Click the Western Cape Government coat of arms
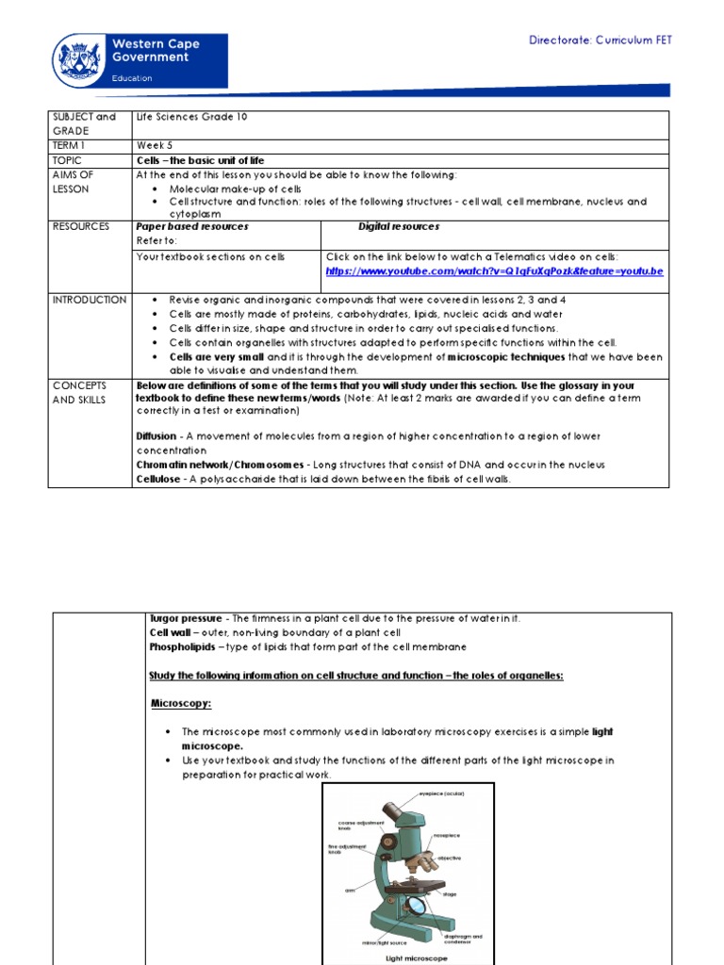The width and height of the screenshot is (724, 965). tap(82, 60)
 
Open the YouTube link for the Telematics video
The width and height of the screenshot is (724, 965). tap(494, 271)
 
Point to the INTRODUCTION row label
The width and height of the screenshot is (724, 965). tap(90, 300)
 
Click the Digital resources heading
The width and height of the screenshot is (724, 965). tap(398, 227)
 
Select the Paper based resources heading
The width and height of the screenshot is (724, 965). tap(192, 227)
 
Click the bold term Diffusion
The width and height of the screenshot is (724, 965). tap(156, 436)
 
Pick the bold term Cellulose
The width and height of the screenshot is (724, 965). tap(157, 479)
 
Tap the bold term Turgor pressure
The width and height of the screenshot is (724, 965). tap(186, 618)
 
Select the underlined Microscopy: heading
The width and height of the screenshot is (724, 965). tap(181, 703)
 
